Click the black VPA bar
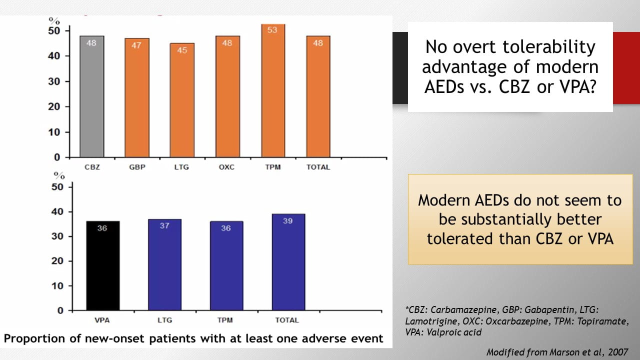pos(102,265)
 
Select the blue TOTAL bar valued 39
pos(287,262)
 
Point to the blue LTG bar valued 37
pos(164,264)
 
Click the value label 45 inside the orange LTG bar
pos(182,50)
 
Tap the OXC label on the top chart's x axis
pos(227,167)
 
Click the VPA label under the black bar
pos(102,320)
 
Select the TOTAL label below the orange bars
pos(318,167)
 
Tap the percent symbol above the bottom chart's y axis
pos(59,175)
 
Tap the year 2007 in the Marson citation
pos(618,352)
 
